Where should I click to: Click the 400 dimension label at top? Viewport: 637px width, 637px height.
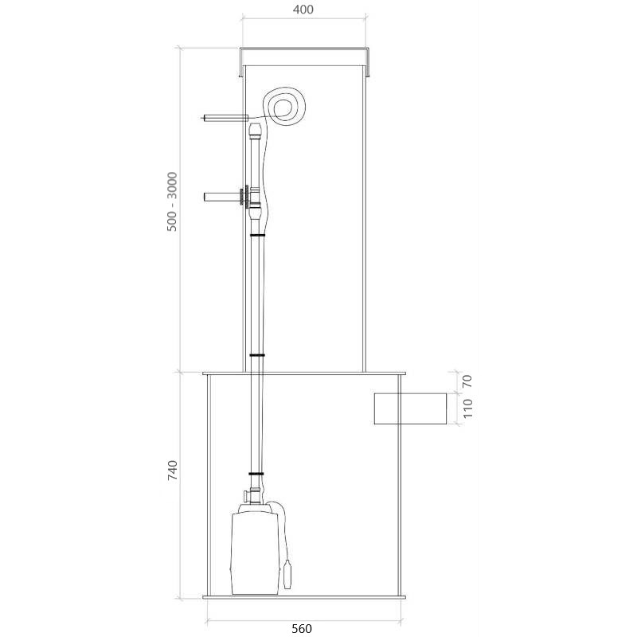point(303,10)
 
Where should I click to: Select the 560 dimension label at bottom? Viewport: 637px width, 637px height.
point(302,628)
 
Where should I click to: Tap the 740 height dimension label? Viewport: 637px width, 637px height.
point(173,471)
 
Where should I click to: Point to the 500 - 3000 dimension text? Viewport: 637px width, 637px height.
point(172,202)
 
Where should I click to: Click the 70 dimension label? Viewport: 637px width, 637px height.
point(467,381)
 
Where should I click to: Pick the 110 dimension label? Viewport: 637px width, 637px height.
point(467,408)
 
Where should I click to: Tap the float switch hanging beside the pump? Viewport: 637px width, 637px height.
point(287,574)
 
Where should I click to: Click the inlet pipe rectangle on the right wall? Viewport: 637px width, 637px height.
point(410,408)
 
